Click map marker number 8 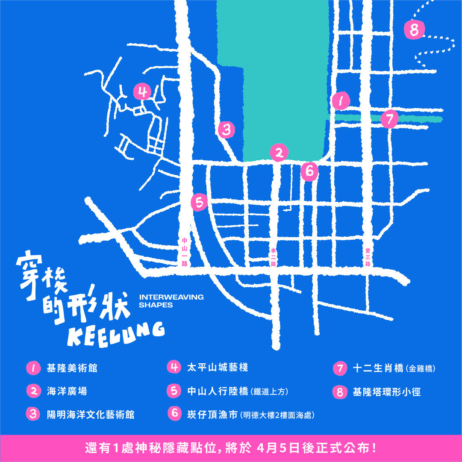414,30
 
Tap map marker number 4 142,91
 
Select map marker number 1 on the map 341,101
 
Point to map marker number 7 389,119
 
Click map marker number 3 227,129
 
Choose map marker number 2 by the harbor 279,153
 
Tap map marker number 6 309,171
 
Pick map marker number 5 199,202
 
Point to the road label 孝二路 274,257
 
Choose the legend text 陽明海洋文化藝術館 90,414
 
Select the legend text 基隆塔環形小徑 386,392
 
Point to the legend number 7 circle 340,368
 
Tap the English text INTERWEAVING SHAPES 171,301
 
